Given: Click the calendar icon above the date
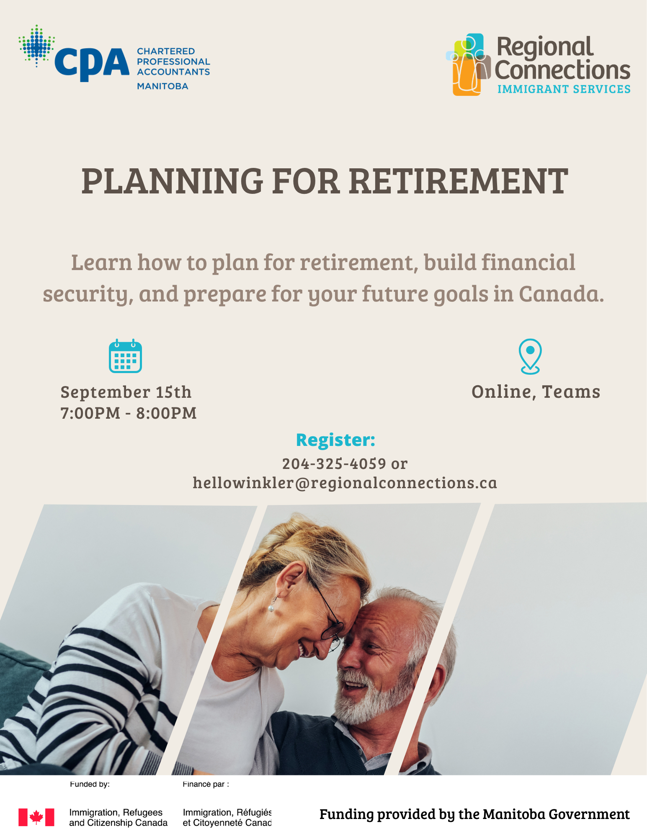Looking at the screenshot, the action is [x=125, y=356].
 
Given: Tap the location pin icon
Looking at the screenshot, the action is [x=530, y=356].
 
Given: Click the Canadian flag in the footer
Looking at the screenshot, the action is [x=36, y=817].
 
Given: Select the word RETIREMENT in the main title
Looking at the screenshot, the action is [x=459, y=181].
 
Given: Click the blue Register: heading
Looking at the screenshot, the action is [x=335, y=440].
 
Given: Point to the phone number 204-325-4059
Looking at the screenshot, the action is [x=334, y=464].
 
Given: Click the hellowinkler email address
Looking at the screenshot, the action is [x=345, y=483].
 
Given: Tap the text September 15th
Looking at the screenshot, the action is [x=126, y=392].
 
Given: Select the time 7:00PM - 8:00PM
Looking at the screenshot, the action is [x=129, y=413].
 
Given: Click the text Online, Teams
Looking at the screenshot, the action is [x=536, y=392].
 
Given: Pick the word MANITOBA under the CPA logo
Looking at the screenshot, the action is [x=162, y=86].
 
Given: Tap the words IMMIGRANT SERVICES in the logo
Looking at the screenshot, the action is [x=564, y=89].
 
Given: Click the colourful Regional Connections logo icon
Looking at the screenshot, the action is [x=468, y=64].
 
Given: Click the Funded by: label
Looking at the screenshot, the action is [x=90, y=784].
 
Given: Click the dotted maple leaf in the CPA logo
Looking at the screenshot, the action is [x=37, y=46].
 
